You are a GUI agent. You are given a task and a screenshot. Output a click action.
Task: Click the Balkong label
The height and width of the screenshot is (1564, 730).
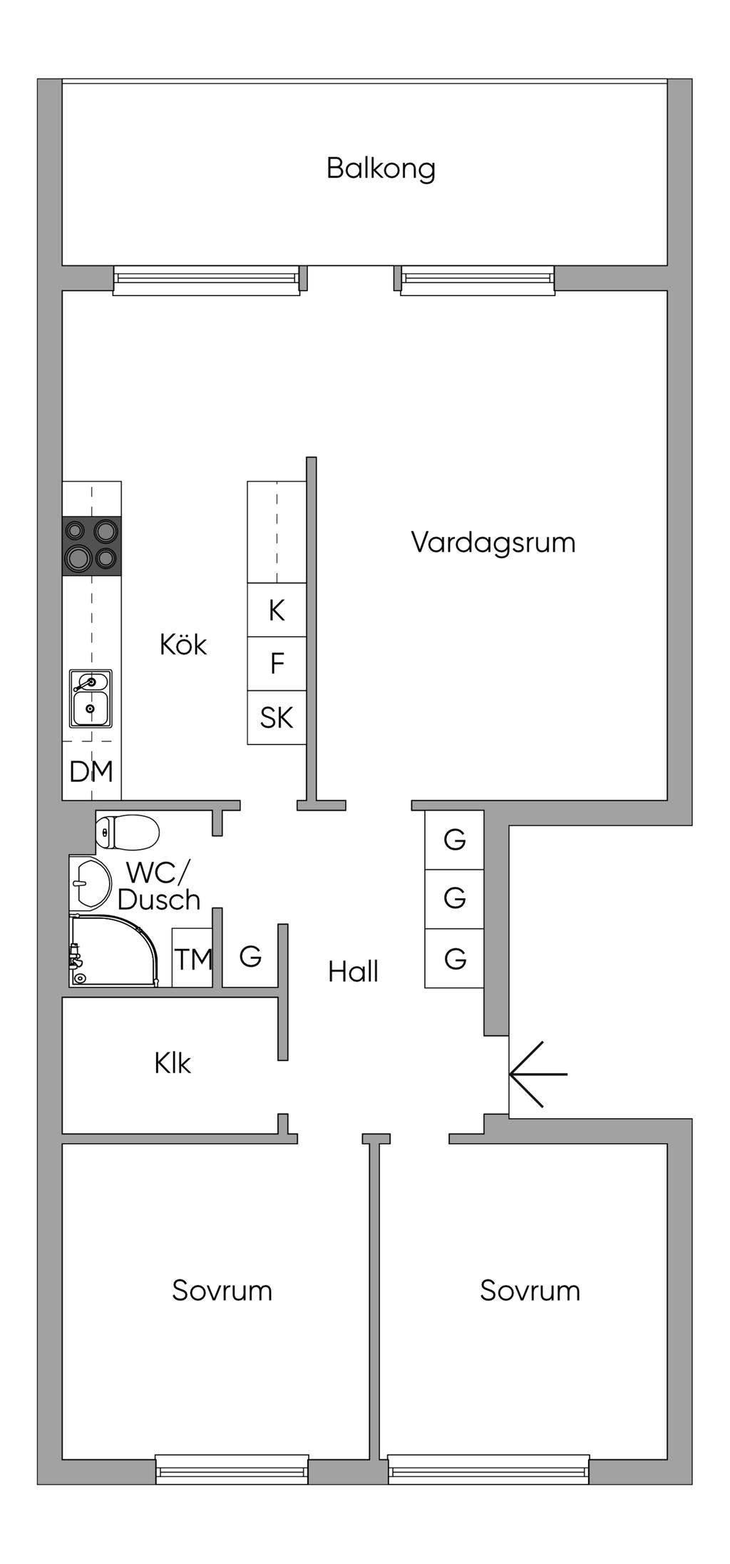pos(381,169)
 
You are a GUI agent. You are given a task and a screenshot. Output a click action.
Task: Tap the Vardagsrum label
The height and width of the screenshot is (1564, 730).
pos(493,542)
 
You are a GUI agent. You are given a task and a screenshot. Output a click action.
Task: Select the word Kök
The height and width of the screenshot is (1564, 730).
pos(183,645)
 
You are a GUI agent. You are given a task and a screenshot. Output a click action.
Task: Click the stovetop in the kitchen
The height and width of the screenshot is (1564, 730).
pos(91,545)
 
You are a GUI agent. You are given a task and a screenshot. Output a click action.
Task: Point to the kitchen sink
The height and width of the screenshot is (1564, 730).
pos(91,699)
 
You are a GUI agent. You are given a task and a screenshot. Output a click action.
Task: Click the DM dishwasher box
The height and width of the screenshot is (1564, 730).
pos(91,771)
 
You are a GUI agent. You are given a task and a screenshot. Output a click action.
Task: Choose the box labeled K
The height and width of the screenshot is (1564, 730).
pos(277,610)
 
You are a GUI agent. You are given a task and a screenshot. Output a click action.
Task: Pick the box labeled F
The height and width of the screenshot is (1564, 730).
pos(277,664)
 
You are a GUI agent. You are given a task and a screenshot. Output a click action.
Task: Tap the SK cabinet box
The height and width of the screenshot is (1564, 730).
pos(277,718)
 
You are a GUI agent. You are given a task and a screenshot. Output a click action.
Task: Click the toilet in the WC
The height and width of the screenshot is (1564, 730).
pos(127,831)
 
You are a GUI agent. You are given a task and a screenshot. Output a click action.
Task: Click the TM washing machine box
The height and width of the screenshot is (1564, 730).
pos(192,958)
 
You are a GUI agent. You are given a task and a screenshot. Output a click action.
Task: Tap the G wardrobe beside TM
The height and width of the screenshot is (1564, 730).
pos(250,956)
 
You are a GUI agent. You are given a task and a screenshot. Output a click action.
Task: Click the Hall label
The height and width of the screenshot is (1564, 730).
pos(353,972)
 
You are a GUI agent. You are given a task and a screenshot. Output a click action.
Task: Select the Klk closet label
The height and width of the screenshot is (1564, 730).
pos(173,1064)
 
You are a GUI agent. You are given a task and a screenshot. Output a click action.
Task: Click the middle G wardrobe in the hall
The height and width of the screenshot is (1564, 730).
pos(455,898)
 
